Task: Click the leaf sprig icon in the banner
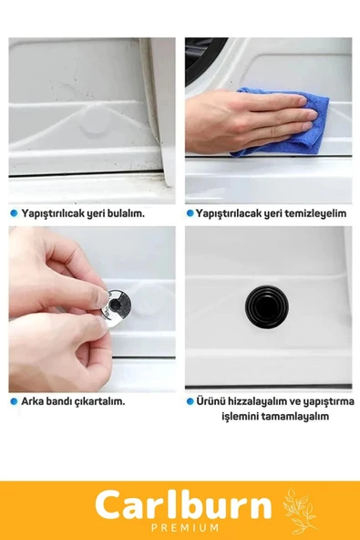point(300,511)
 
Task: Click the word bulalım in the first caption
point(125,213)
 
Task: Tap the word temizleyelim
point(318,213)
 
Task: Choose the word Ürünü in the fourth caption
point(211,400)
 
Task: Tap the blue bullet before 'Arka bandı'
point(14,400)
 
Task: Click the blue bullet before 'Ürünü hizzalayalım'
point(190,400)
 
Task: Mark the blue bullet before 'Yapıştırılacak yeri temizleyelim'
point(190,213)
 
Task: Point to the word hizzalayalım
point(258,400)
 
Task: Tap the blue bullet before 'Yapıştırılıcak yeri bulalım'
point(14,213)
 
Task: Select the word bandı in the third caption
point(61,400)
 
